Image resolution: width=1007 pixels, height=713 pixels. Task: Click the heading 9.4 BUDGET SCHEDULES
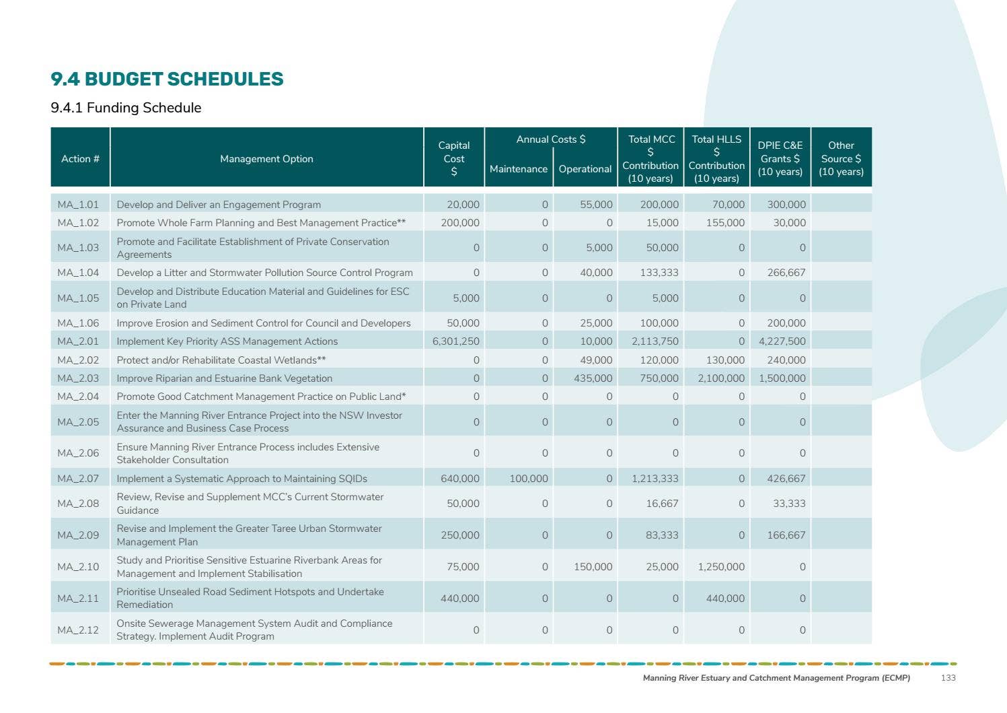click(x=167, y=79)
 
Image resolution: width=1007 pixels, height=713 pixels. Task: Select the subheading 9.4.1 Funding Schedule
click(x=126, y=108)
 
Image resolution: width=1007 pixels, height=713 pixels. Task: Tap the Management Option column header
click(x=266, y=159)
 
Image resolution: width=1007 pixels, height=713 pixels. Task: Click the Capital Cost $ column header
click(x=454, y=159)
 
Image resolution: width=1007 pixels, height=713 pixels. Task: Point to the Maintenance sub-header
click(x=518, y=169)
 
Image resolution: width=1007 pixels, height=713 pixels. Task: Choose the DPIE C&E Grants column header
click(x=780, y=159)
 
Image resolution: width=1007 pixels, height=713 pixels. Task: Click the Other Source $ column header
click(x=841, y=159)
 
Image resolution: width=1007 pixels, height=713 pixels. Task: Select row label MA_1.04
click(x=78, y=273)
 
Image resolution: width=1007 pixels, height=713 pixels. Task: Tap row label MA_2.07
click(x=78, y=479)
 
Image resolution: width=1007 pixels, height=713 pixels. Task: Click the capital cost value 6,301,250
click(x=456, y=341)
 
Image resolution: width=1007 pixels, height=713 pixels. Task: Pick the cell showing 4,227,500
click(x=782, y=341)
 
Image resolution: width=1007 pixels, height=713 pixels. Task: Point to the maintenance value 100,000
click(x=529, y=479)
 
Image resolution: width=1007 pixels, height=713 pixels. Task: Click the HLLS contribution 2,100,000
click(x=721, y=378)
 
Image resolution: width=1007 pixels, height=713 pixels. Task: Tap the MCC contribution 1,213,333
click(x=655, y=479)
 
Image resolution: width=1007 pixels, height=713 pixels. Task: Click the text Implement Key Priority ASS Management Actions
click(x=227, y=341)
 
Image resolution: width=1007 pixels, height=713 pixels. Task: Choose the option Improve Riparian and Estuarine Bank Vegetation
click(x=225, y=378)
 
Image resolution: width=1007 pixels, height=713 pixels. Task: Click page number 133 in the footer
click(x=948, y=678)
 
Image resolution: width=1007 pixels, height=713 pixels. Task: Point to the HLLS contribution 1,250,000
click(x=721, y=567)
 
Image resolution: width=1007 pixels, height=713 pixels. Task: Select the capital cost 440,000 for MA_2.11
click(x=460, y=599)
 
